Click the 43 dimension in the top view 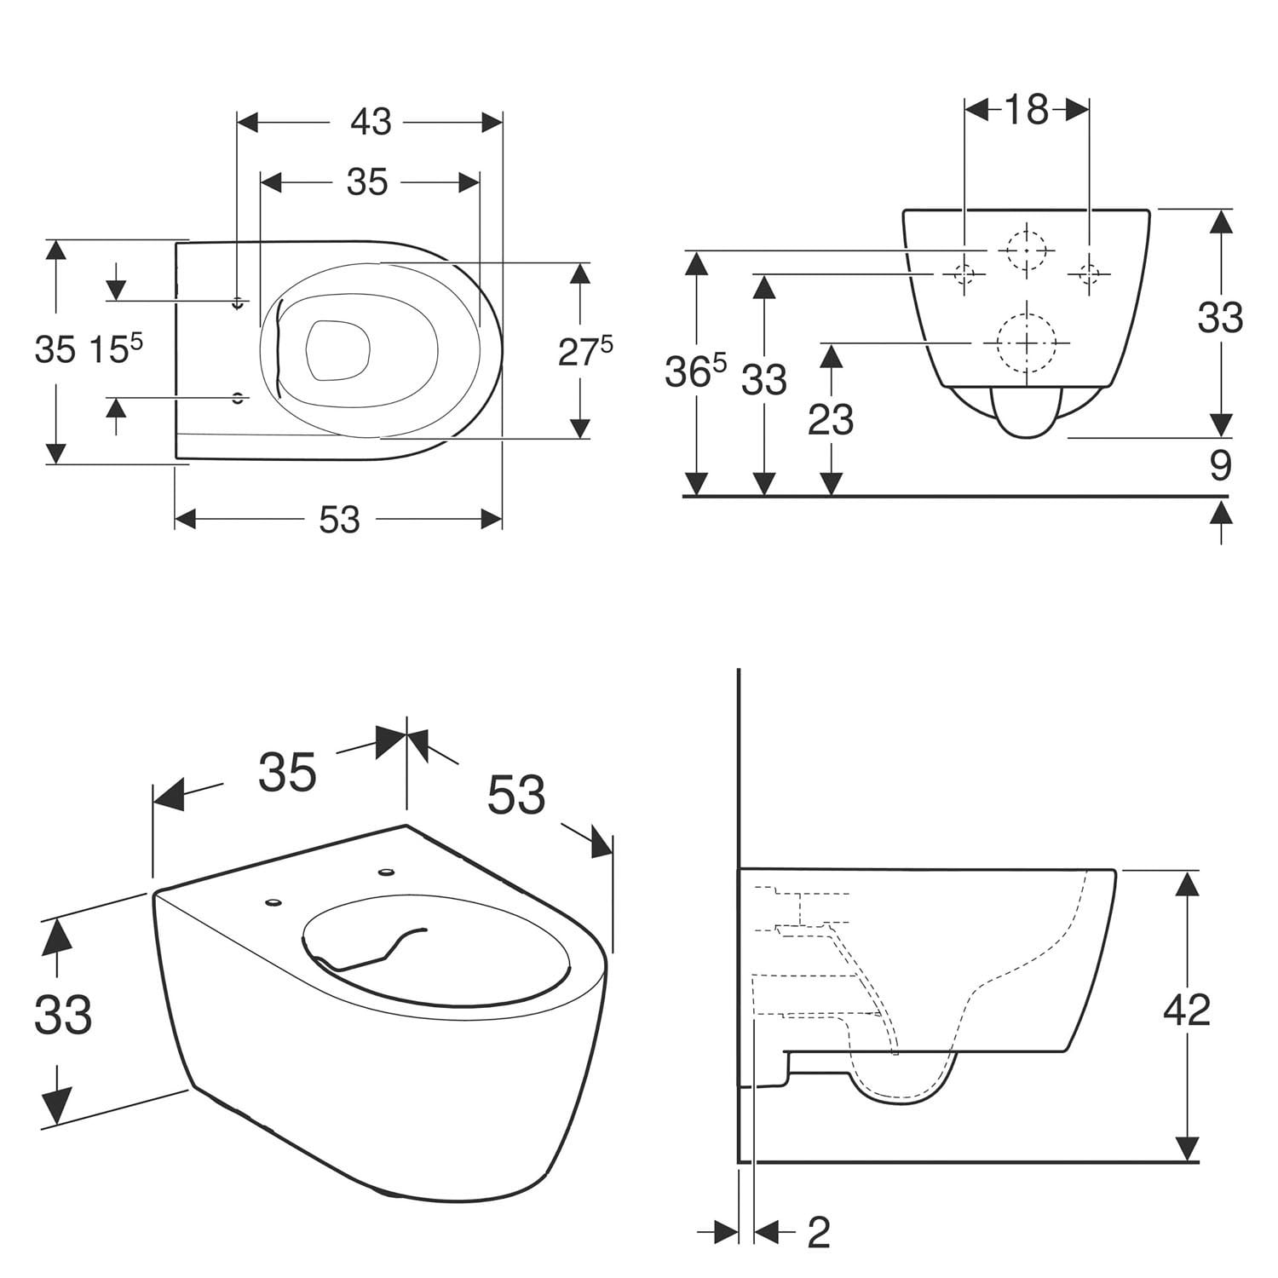point(371,123)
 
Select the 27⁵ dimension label point(585,351)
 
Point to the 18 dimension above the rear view point(1027,109)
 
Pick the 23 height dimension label point(831,419)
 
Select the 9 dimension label point(1221,466)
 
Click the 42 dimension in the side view point(1187,1010)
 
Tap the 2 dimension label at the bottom point(818,1232)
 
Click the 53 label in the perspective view point(516,795)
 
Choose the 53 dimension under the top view point(339,520)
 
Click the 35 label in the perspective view point(287,773)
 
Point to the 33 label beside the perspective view point(64,1015)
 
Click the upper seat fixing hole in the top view point(239,302)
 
